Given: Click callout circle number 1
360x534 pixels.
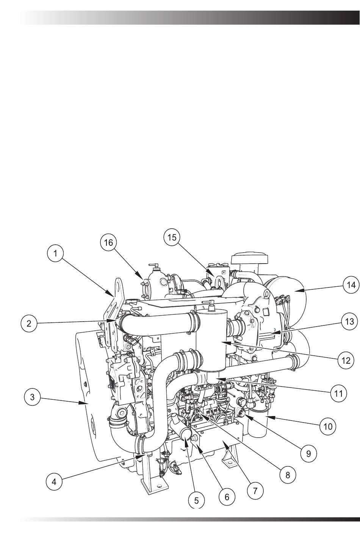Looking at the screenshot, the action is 55,254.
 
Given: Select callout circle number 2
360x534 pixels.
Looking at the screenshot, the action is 29,323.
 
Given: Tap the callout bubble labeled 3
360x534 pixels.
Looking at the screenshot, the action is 33,397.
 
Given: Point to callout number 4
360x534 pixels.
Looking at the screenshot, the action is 54,482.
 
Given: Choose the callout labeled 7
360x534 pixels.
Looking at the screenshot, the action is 255,491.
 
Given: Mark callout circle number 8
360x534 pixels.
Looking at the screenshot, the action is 288,474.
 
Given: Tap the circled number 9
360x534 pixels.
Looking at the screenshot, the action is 308,454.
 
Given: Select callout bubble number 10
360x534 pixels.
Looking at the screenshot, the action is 328,426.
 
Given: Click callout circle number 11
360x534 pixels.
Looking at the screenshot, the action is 338,393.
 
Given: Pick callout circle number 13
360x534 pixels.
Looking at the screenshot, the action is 349,322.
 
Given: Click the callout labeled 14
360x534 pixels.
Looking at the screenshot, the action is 351,285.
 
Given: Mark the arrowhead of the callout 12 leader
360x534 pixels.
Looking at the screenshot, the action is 225,343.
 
